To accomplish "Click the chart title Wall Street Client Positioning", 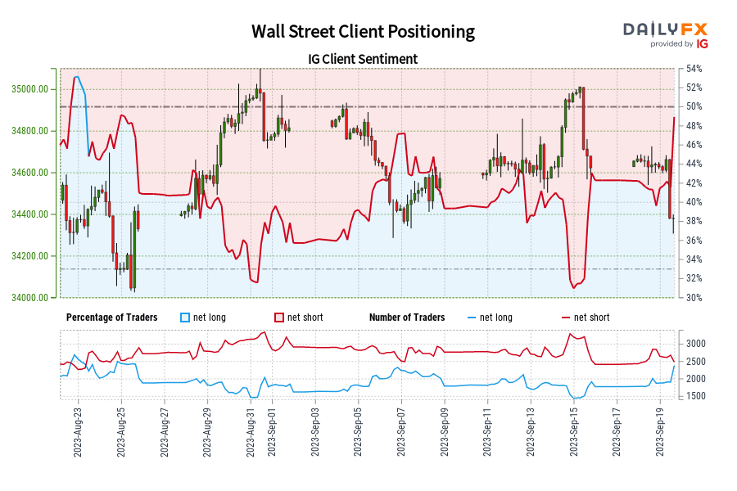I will (363, 32).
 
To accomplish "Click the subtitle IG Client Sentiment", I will (363, 59).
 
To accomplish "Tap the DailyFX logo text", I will (665, 29).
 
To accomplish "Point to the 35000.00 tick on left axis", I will (34, 89).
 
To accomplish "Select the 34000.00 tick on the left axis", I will (34, 298).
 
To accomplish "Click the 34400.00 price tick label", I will (34, 214).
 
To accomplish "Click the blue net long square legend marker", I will (185, 318).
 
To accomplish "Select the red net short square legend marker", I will (279, 318).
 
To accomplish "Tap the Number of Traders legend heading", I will (407, 318).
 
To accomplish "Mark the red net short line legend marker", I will (565, 318).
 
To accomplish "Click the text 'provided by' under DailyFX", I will (671, 44).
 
